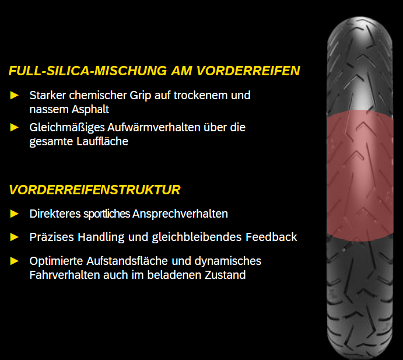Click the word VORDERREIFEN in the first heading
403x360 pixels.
(x=248, y=71)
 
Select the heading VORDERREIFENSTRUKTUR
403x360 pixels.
(x=95, y=190)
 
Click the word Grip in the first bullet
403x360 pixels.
(x=141, y=96)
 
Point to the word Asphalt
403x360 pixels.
(x=90, y=110)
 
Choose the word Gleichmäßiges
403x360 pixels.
(x=67, y=128)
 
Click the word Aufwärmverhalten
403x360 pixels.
(x=154, y=127)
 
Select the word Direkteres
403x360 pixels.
(x=55, y=214)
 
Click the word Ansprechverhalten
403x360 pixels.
(x=180, y=214)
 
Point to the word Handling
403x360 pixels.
(x=101, y=237)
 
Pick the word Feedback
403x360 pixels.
(x=271, y=237)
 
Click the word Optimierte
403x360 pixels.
(x=56, y=261)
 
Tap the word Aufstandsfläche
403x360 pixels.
(x=127, y=261)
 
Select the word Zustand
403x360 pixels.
(x=225, y=275)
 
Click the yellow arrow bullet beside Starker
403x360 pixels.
(x=14, y=96)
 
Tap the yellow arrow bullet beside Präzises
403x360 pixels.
(x=14, y=237)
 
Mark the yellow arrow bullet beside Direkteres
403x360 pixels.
(x=14, y=214)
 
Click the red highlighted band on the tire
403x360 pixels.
(x=360, y=176)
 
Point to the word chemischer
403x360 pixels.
(x=98, y=96)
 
